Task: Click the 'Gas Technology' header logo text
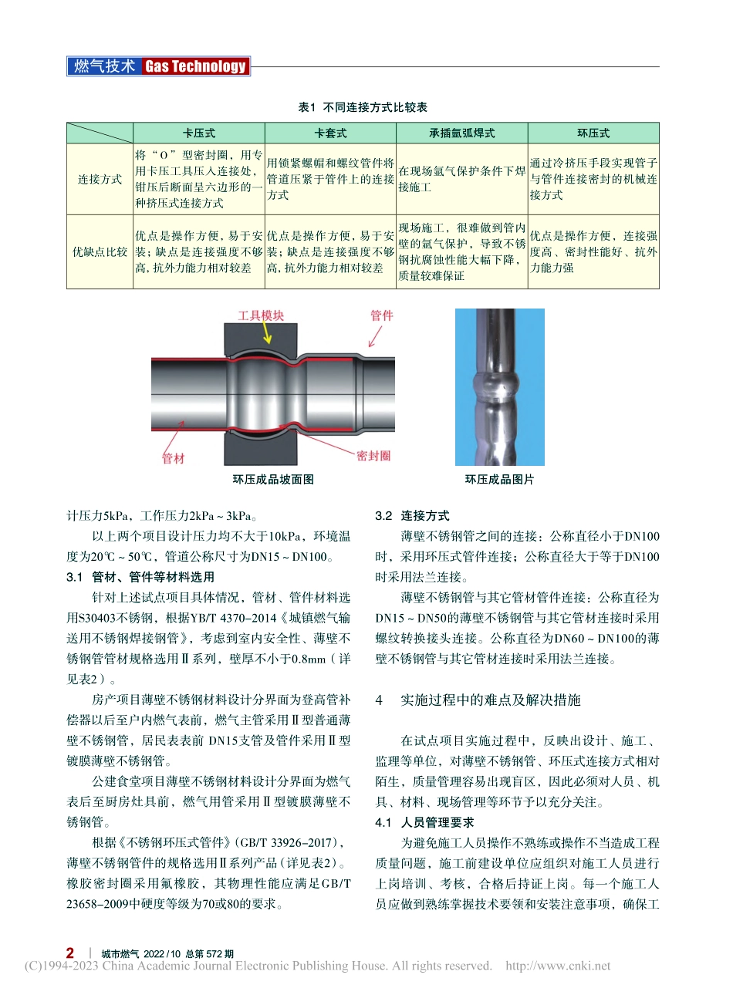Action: pos(195,66)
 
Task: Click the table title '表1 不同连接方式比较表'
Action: pos(363,107)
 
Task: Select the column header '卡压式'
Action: pos(199,133)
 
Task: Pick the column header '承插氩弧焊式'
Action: pos(461,133)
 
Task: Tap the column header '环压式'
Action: pos(593,133)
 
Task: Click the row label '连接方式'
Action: pos(100,179)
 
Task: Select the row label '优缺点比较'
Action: pos(100,251)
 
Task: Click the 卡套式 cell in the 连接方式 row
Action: pos(330,179)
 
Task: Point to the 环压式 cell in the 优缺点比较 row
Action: pos(593,251)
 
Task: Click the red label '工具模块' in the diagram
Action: pos(260,315)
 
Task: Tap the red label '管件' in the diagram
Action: pos(381,315)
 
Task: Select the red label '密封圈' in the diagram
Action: pos(373,456)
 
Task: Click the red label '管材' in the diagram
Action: pos(174,458)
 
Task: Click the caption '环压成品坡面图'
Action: pos(273,479)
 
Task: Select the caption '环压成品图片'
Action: pos(499,479)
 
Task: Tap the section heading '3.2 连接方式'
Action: pos(412,515)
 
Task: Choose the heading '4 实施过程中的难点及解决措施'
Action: pos(478,700)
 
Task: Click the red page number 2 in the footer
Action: pos(71,953)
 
